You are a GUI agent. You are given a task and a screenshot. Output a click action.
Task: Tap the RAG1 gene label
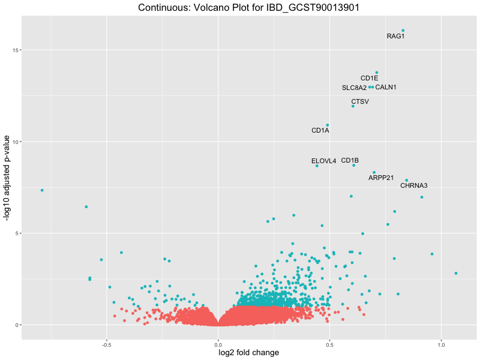(x=395, y=37)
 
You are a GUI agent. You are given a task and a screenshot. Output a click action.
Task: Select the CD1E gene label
(x=369, y=79)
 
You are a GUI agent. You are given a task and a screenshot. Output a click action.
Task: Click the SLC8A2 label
(x=354, y=88)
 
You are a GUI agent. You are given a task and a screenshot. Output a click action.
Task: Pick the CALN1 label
(x=386, y=88)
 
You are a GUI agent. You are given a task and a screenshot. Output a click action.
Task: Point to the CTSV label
(x=360, y=101)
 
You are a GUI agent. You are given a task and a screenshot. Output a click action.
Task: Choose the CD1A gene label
(x=320, y=131)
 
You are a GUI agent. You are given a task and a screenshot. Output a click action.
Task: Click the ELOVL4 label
(x=323, y=161)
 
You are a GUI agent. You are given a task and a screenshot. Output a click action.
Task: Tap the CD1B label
(x=350, y=160)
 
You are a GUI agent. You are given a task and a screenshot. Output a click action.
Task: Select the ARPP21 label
(x=381, y=178)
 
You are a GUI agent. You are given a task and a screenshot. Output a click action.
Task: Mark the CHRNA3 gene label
(x=413, y=186)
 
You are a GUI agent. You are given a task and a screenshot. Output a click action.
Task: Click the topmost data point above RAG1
(x=403, y=31)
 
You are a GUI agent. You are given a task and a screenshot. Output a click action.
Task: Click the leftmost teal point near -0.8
(x=42, y=190)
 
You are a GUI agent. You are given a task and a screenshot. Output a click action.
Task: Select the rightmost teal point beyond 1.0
(x=456, y=273)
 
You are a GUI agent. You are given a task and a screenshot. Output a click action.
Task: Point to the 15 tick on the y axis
(x=14, y=50)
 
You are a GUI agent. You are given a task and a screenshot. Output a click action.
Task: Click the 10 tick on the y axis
(x=14, y=142)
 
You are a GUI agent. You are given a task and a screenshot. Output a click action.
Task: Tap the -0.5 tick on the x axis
(x=106, y=345)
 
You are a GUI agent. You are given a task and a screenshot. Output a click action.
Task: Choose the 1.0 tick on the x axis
(x=441, y=345)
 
